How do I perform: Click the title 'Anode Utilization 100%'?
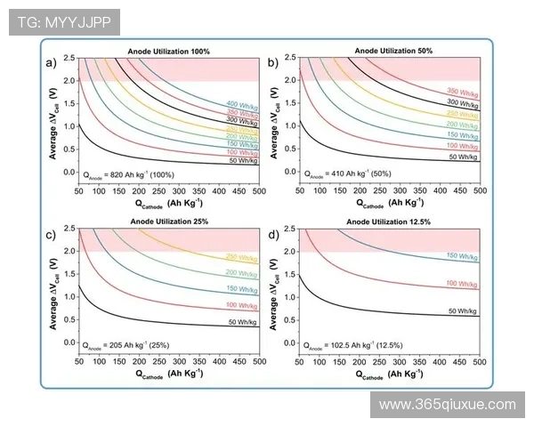[x=169, y=52]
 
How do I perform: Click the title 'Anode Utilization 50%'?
[x=392, y=52]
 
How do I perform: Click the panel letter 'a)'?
[x=52, y=61]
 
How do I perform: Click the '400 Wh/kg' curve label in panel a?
[x=244, y=104]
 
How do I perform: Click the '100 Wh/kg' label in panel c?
[x=242, y=304]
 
